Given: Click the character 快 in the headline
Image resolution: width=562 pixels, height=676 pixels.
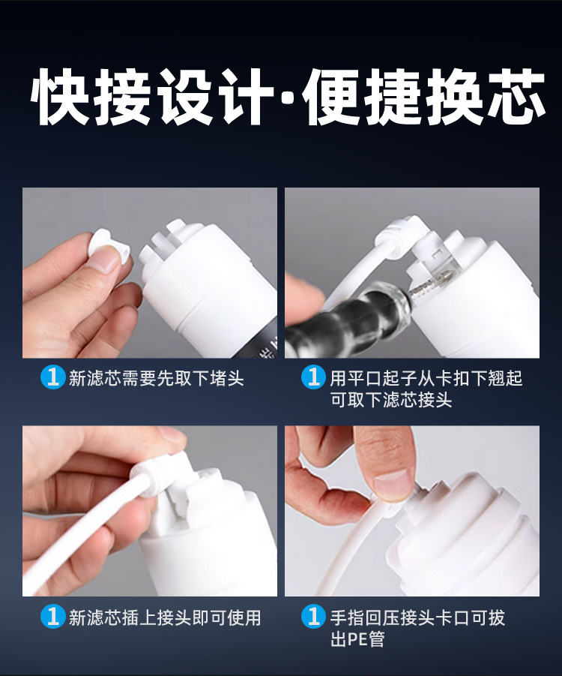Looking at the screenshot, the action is (x=61, y=97).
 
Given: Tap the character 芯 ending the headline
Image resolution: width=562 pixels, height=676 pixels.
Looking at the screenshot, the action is (x=517, y=97).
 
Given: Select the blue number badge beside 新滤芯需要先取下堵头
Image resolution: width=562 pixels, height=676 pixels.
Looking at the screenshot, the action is (x=53, y=377).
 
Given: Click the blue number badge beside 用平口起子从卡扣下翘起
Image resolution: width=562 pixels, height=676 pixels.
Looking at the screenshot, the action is (x=313, y=377).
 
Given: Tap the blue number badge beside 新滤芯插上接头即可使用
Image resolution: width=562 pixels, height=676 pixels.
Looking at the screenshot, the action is (x=53, y=616).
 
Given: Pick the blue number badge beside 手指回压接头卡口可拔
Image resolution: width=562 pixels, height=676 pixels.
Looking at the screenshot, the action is (x=313, y=616).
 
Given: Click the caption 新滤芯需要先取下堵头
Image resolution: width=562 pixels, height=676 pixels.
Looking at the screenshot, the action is (x=157, y=378).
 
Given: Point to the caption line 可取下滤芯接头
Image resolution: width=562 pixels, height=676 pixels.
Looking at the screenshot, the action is (x=391, y=400).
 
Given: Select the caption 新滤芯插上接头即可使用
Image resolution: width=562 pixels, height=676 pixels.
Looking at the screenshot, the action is (x=165, y=617).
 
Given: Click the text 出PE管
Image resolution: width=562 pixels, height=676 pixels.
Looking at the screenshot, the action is (x=357, y=639).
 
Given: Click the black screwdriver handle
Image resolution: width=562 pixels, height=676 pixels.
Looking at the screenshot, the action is (x=345, y=320).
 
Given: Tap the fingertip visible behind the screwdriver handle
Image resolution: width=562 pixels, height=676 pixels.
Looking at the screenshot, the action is (x=303, y=293).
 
